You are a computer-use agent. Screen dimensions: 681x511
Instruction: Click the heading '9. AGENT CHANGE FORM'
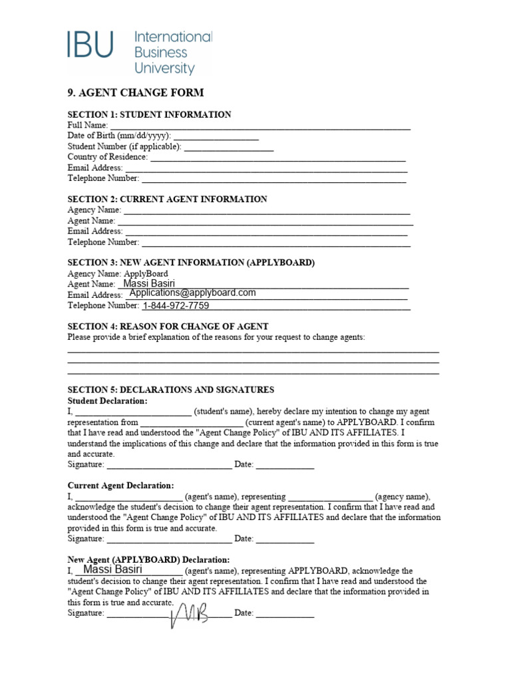(x=136, y=92)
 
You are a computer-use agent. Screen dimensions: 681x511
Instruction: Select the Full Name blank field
(x=260, y=124)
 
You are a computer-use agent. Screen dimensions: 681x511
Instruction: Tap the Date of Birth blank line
(x=216, y=135)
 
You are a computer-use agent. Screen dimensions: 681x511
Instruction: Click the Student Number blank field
(x=228, y=146)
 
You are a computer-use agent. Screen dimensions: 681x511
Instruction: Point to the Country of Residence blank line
(x=278, y=157)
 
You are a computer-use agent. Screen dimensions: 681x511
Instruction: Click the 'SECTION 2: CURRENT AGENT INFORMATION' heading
(x=168, y=199)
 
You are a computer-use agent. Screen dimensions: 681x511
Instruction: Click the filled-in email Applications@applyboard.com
(x=193, y=293)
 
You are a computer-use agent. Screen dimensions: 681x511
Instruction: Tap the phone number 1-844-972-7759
(x=176, y=306)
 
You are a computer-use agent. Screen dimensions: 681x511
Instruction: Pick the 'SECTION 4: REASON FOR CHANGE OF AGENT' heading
(x=168, y=326)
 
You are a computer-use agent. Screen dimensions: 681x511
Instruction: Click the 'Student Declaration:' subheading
(x=108, y=401)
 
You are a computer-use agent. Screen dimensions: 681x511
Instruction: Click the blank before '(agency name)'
(x=331, y=497)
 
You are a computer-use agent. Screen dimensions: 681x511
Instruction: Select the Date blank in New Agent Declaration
(x=285, y=613)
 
